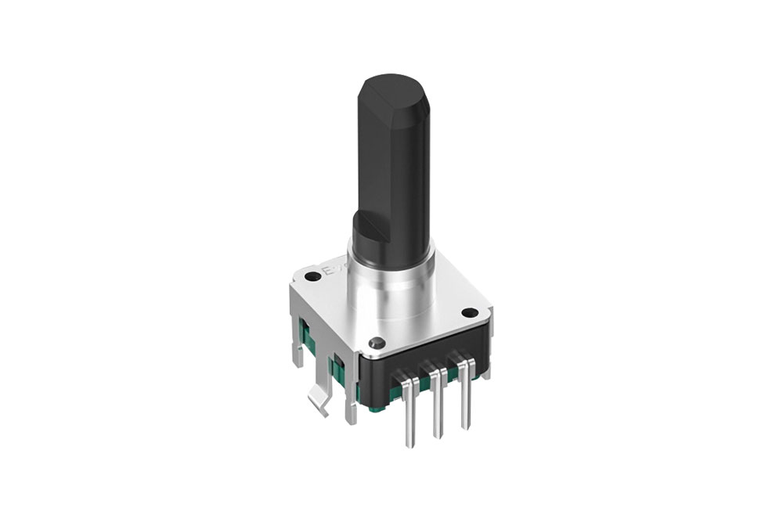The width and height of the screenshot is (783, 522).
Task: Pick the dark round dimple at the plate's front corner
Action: (377, 342)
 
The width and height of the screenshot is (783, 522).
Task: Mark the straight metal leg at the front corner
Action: (349, 391)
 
